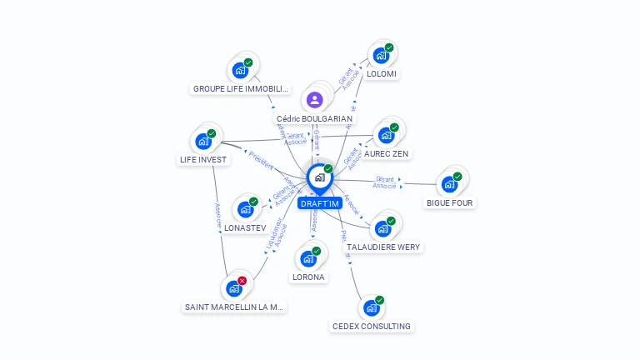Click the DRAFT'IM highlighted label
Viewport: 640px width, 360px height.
tap(320, 203)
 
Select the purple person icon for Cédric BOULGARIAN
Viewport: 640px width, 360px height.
tap(314, 101)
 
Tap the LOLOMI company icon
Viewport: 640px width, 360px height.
tap(381, 56)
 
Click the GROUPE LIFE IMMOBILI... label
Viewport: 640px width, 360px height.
tap(241, 88)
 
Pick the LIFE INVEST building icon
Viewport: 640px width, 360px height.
tap(202, 142)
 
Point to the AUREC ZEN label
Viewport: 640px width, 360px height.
tap(387, 154)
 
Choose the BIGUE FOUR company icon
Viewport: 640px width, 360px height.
tap(449, 184)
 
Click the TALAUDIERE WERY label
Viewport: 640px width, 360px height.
tap(383, 247)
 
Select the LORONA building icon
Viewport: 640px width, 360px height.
tap(307, 259)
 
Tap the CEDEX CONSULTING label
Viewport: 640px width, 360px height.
tap(372, 326)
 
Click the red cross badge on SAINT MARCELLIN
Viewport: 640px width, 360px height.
tap(242, 281)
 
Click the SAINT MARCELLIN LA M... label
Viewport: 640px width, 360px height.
tap(234, 307)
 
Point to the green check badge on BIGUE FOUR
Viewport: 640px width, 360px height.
tap(457, 177)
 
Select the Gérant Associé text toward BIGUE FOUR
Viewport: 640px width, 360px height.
tap(385, 182)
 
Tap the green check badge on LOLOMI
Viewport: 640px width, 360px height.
tap(389, 48)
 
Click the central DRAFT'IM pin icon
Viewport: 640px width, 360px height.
tap(319, 177)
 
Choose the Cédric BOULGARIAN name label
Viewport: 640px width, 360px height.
tap(314, 119)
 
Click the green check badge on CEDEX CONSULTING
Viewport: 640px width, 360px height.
tap(380, 300)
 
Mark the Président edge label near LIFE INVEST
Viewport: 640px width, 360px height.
tap(261, 160)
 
